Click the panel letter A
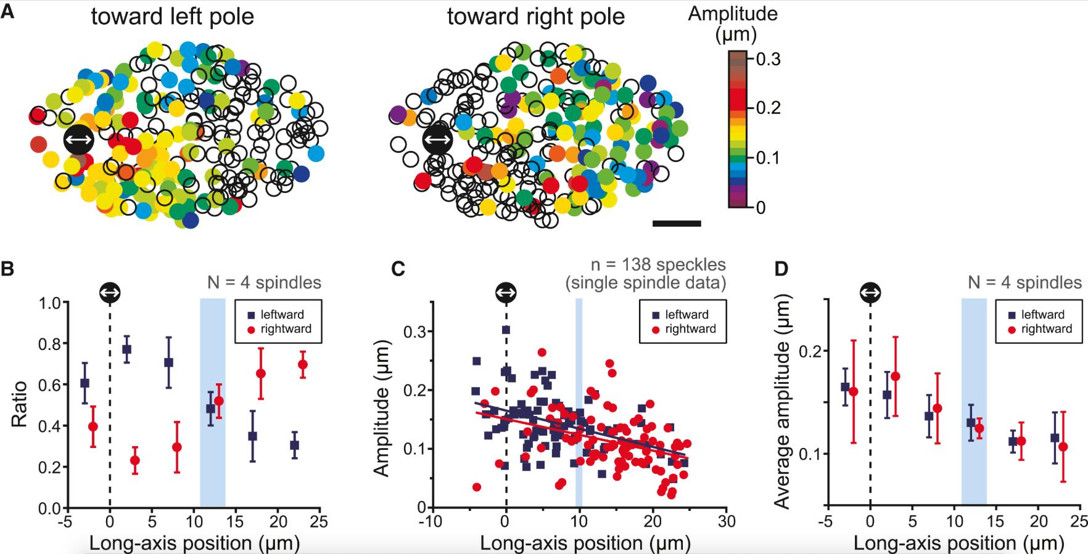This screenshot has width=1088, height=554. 8,12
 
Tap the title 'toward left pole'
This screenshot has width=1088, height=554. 172,17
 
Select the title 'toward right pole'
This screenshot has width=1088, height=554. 535,17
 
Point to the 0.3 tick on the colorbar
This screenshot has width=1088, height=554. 769,59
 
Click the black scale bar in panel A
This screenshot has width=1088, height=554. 676,223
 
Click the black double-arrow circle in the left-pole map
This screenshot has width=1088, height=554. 78,141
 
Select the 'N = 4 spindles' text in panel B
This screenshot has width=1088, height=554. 263,283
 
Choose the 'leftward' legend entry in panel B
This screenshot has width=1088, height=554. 274,314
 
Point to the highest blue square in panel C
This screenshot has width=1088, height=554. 506,330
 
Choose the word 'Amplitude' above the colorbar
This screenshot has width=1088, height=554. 733,14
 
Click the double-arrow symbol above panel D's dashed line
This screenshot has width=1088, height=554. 870,292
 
